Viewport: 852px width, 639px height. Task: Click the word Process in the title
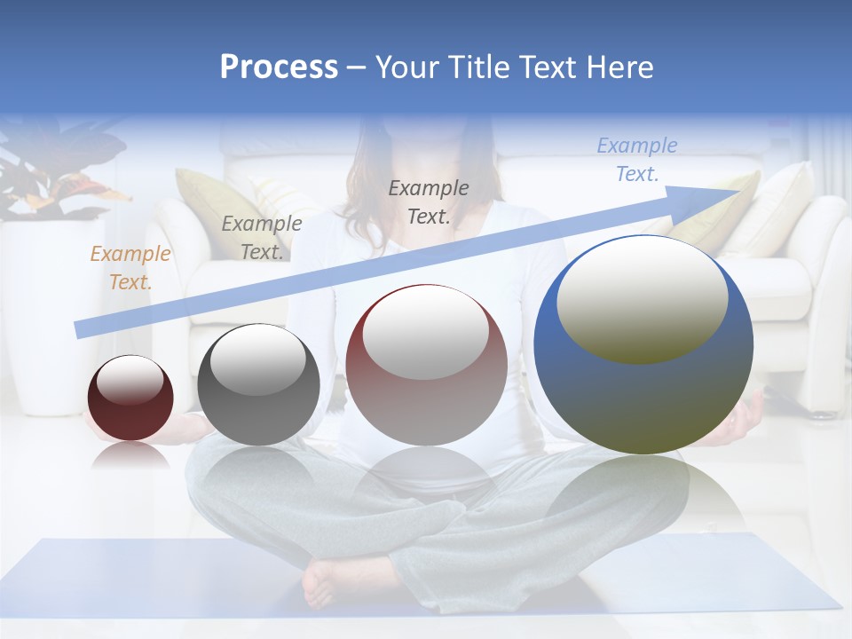(x=279, y=67)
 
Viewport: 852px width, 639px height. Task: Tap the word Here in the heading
(x=618, y=67)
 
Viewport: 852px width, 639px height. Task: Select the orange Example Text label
(x=130, y=268)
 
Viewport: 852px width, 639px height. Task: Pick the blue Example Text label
(x=637, y=160)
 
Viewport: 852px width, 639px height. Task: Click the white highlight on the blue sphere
(x=642, y=298)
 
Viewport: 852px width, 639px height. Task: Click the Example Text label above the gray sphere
(x=261, y=237)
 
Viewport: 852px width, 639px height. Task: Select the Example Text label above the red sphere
(x=429, y=201)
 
